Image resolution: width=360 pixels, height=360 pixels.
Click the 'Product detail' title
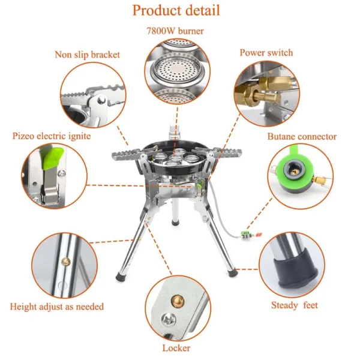pos(176,10)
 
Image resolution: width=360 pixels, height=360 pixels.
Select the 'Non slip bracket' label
pos(88,55)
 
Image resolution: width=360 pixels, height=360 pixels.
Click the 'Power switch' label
pos(266,53)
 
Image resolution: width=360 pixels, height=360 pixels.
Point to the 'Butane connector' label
pos(302,137)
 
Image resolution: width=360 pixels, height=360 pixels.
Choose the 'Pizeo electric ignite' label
pos(52,136)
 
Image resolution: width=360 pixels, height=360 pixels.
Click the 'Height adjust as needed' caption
pos(57,307)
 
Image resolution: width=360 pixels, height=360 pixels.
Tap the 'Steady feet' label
pos(294,305)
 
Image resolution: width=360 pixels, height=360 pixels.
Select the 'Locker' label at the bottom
pos(176,348)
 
